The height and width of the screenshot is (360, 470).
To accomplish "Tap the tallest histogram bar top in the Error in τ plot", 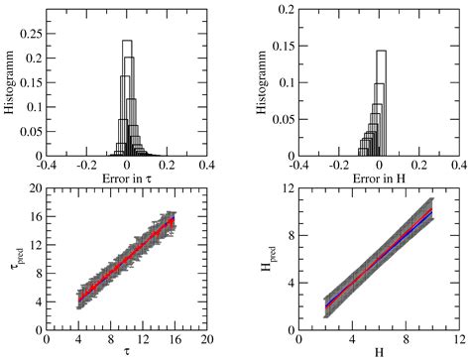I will [x=127, y=41].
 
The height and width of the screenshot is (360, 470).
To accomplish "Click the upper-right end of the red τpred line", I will [x=175, y=222].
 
